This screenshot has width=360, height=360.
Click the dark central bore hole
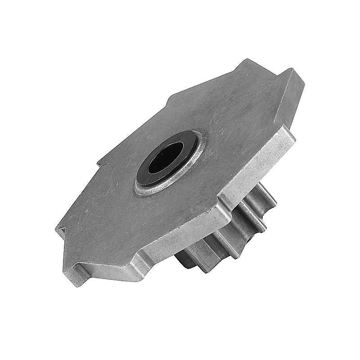coord(166,157)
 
